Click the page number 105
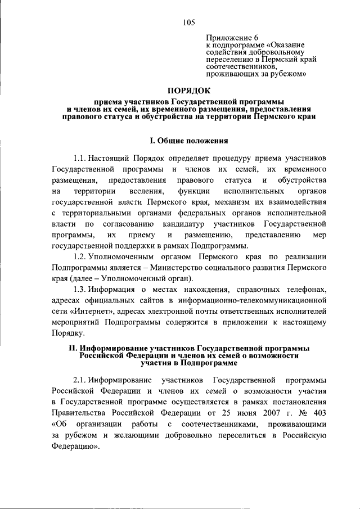coord(188,22)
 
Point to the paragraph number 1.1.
coord(81,158)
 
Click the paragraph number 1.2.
coord(81,256)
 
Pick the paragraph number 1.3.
coord(81,289)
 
